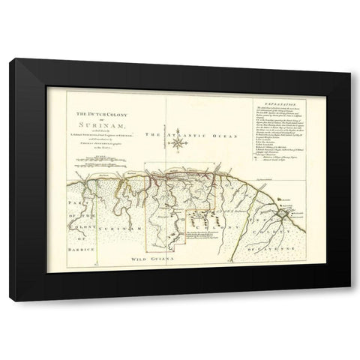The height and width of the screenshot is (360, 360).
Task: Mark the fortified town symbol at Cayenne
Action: [279, 215]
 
